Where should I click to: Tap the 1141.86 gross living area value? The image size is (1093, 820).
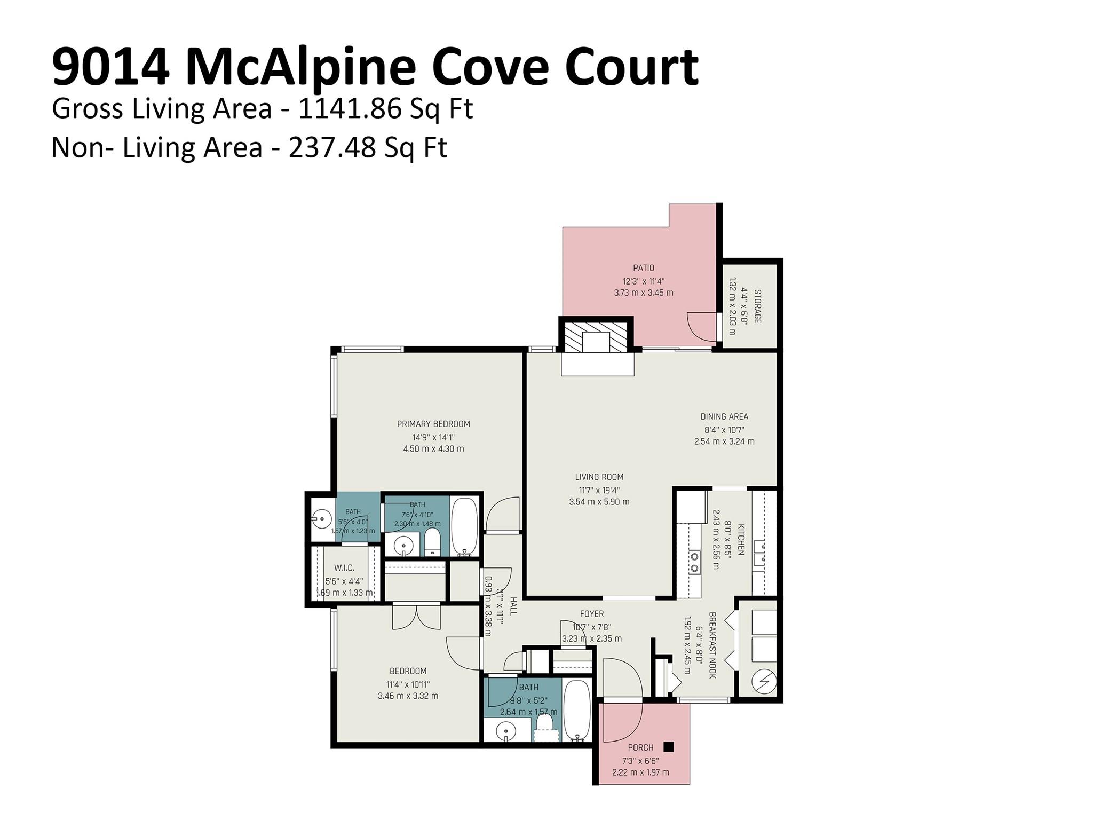pyautogui.click(x=350, y=108)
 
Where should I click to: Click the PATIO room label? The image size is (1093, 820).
pyautogui.click(x=644, y=268)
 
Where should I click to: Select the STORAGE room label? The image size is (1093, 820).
pyautogui.click(x=757, y=306)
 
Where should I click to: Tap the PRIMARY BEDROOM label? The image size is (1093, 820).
pyautogui.click(x=433, y=424)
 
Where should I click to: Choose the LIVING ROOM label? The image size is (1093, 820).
pyautogui.click(x=599, y=477)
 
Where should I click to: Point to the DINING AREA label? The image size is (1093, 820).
pyautogui.click(x=724, y=416)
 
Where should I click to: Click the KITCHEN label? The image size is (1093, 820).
pyautogui.click(x=741, y=539)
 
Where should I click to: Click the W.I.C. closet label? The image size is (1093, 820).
pyautogui.click(x=344, y=568)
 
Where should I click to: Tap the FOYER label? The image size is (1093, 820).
pyautogui.click(x=592, y=614)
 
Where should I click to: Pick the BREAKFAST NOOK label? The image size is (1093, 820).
pyautogui.click(x=712, y=645)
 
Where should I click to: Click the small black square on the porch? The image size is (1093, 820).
pyautogui.click(x=669, y=747)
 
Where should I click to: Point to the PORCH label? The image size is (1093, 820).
pyautogui.click(x=640, y=747)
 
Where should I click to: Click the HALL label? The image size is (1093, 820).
pyautogui.click(x=513, y=606)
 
